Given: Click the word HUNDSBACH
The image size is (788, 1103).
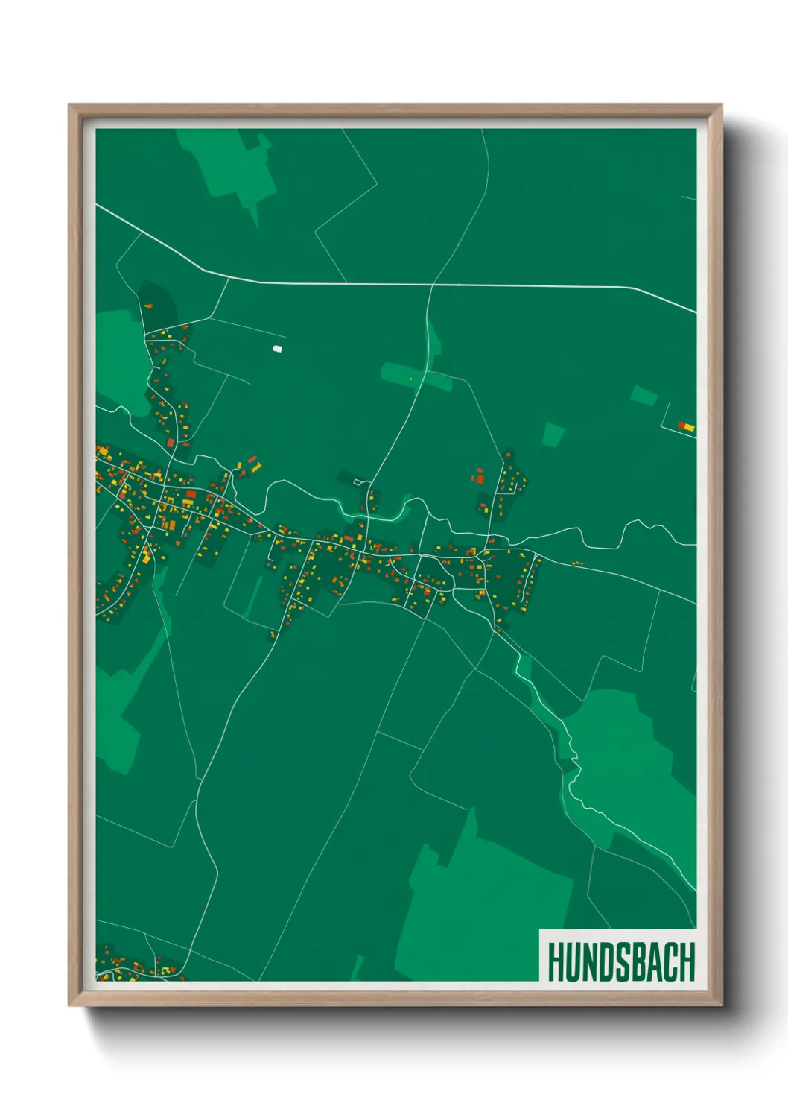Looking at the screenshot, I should pyautogui.click(x=621, y=962).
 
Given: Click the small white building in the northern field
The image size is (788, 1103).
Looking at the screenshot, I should pyautogui.click(x=278, y=348).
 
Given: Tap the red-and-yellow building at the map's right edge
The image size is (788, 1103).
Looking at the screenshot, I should pyautogui.click(x=686, y=427).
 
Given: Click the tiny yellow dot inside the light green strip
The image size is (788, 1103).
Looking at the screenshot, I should pyautogui.click(x=410, y=380).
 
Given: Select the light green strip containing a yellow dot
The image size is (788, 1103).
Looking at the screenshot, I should pyautogui.click(x=417, y=376).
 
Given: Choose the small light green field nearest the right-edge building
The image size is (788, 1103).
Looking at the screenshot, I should pyautogui.click(x=644, y=396).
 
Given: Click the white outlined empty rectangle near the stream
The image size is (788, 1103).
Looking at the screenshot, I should pyautogui.click(x=359, y=483).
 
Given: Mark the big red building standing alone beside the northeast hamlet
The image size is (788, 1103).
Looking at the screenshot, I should pyautogui.click(x=480, y=479).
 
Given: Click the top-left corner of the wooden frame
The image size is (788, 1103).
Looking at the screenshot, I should pyautogui.click(x=71, y=107).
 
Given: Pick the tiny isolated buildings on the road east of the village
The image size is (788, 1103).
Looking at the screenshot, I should pyautogui.click(x=576, y=563).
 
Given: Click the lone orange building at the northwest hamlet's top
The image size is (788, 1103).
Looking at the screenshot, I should pyautogui.click(x=147, y=306).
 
